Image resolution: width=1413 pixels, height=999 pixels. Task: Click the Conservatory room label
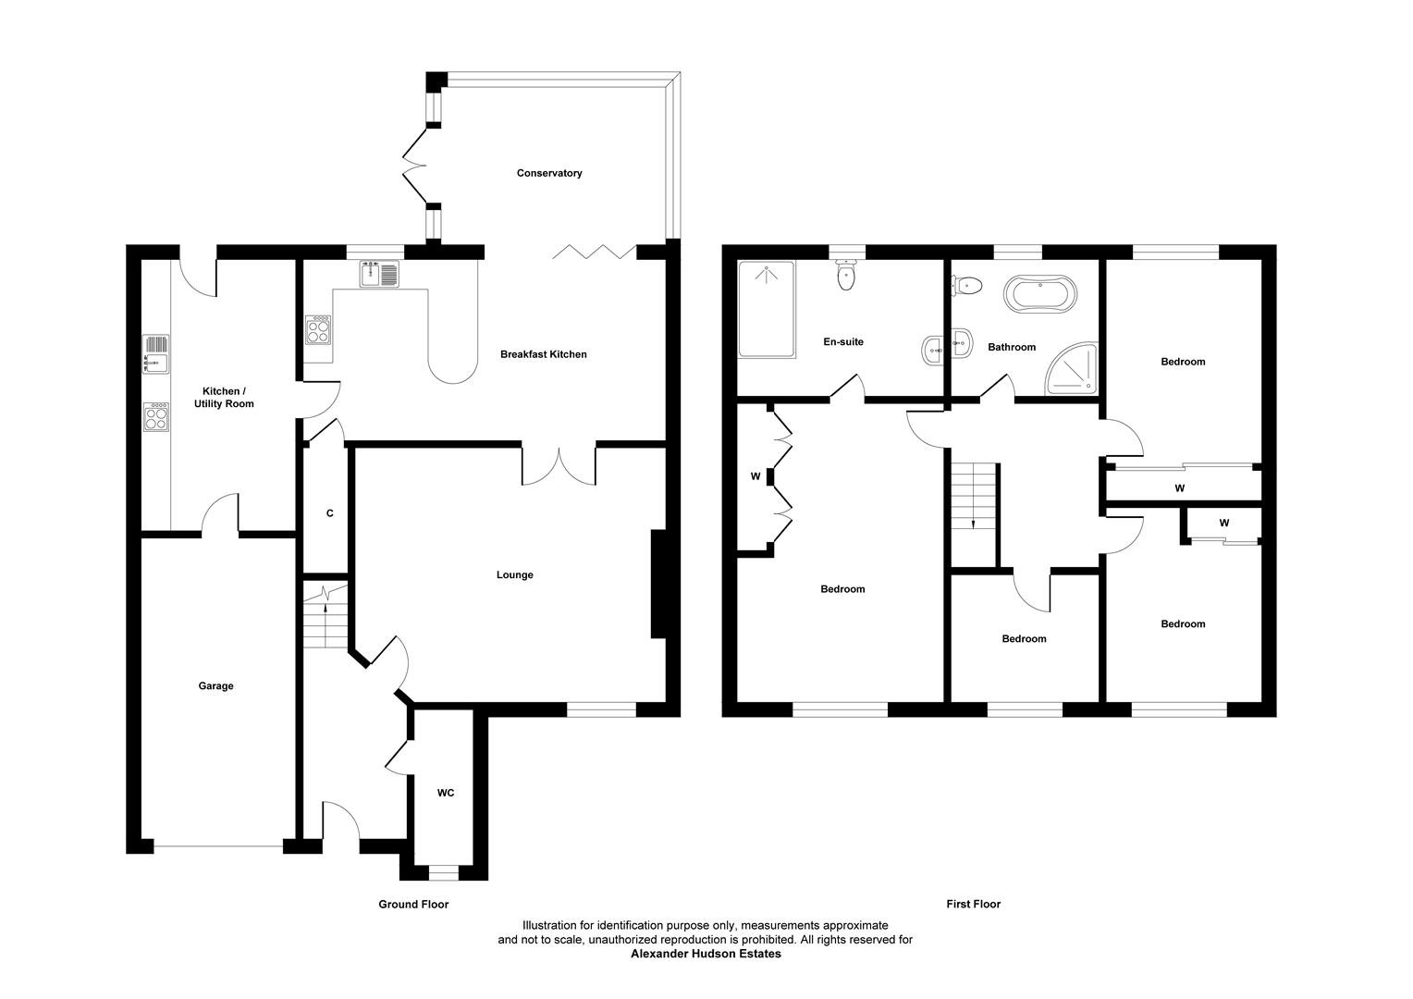pyautogui.click(x=548, y=173)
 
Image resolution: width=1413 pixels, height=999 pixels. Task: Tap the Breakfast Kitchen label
pyautogui.click(x=543, y=354)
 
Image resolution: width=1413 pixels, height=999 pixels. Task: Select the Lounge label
pyautogui.click(x=515, y=575)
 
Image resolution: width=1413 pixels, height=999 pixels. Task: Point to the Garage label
pyautogui.click(x=215, y=686)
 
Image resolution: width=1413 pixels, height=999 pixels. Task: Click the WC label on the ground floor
pyautogui.click(x=446, y=794)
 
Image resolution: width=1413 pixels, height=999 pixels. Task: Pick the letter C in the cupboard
pyautogui.click(x=330, y=513)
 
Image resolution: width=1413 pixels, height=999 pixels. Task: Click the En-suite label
pyautogui.click(x=843, y=341)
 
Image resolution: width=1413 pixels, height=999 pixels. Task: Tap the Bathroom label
pyautogui.click(x=1012, y=347)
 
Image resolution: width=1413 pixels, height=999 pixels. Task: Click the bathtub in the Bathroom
pyautogui.click(x=1039, y=293)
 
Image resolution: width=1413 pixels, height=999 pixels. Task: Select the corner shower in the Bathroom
pyautogui.click(x=1073, y=369)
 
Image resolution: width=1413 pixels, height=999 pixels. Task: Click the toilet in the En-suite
pyautogui.click(x=846, y=275)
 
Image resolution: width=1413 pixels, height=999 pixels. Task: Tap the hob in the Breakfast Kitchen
pyautogui.click(x=318, y=330)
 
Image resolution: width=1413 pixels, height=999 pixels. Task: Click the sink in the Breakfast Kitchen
pyautogui.click(x=380, y=274)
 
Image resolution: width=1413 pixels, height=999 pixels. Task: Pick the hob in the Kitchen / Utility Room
pyautogui.click(x=155, y=416)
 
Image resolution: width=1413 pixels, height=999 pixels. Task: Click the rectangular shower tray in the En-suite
pyautogui.click(x=767, y=309)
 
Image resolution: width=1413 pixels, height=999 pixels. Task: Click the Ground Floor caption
pyautogui.click(x=413, y=905)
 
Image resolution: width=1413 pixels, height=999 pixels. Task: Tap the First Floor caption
pyautogui.click(x=974, y=905)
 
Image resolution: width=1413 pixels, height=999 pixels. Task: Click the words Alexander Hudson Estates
pyautogui.click(x=706, y=954)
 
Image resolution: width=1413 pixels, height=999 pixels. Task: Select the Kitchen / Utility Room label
pyautogui.click(x=224, y=398)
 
